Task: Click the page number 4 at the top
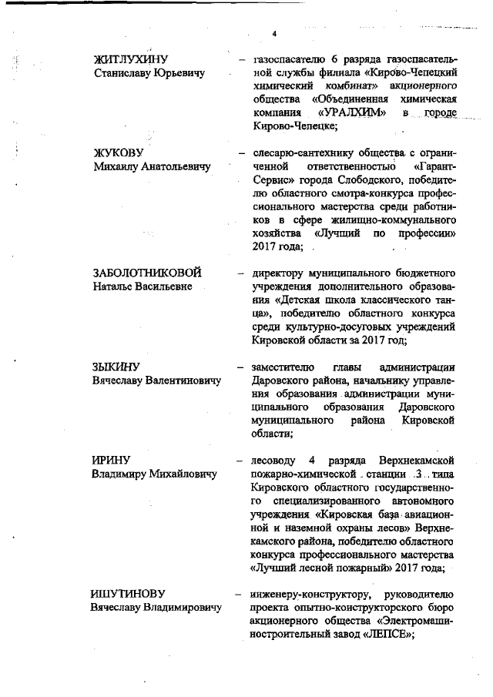pyautogui.click(x=273, y=32)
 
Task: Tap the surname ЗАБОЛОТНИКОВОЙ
pyautogui.click(x=147, y=273)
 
